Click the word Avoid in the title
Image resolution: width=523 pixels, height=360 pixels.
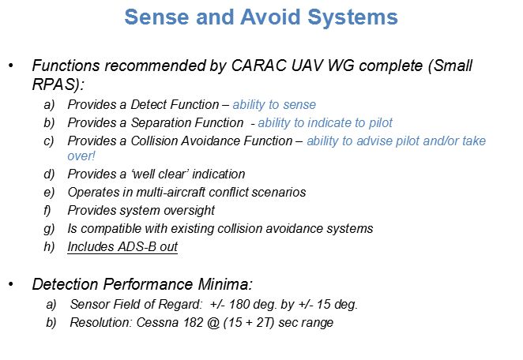tap(270, 17)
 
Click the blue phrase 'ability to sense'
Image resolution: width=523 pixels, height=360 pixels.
tap(274, 105)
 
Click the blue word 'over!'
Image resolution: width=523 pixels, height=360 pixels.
tap(81, 156)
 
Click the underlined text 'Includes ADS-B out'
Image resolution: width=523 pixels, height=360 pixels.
tap(122, 247)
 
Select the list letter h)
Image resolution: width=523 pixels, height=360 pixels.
tap(49, 247)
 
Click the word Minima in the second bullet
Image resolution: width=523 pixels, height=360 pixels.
tap(225, 284)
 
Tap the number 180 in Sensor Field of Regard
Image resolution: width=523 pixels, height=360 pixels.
tap(239, 304)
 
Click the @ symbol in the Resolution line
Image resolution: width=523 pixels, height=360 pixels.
tap(213, 323)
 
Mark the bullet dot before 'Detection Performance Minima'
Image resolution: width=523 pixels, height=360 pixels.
tap(11, 284)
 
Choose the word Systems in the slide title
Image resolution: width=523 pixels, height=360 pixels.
tap(352, 17)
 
